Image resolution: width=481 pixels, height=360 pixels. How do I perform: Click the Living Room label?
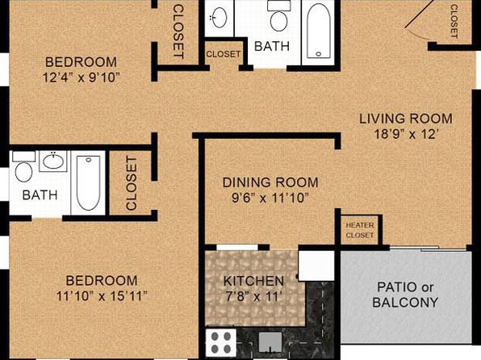tap(405, 119)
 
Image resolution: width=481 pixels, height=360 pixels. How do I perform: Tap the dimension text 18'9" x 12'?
tap(405, 134)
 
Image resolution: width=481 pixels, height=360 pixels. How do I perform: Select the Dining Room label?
tap(270, 182)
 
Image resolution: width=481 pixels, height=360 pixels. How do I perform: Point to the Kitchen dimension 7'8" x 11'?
tap(253, 296)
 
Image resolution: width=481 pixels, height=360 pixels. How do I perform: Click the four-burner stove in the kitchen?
tap(221, 342)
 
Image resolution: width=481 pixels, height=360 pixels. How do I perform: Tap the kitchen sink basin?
tap(270, 342)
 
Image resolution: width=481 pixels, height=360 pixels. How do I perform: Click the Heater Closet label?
tap(360, 230)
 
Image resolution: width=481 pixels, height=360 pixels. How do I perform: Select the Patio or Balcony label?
tap(405, 295)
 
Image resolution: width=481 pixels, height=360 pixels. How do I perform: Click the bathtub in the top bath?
tap(319, 31)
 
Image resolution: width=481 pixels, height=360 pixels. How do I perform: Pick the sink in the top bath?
tap(220, 17)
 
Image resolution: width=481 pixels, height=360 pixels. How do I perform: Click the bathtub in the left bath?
tap(88, 183)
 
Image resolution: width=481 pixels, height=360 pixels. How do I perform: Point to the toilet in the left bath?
tap(23, 167)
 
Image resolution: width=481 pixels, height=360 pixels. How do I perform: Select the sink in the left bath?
tap(53, 160)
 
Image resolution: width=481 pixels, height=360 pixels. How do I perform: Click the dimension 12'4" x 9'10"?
tap(81, 77)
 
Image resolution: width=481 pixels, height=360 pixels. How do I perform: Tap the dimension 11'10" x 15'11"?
tap(102, 296)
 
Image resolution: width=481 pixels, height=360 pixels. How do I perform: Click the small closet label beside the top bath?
tap(224, 54)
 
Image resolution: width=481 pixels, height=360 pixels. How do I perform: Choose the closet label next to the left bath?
tap(132, 183)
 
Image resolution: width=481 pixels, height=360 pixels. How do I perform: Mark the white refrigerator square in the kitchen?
tap(316, 266)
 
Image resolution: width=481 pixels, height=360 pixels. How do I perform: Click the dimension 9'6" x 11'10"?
tap(270, 198)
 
